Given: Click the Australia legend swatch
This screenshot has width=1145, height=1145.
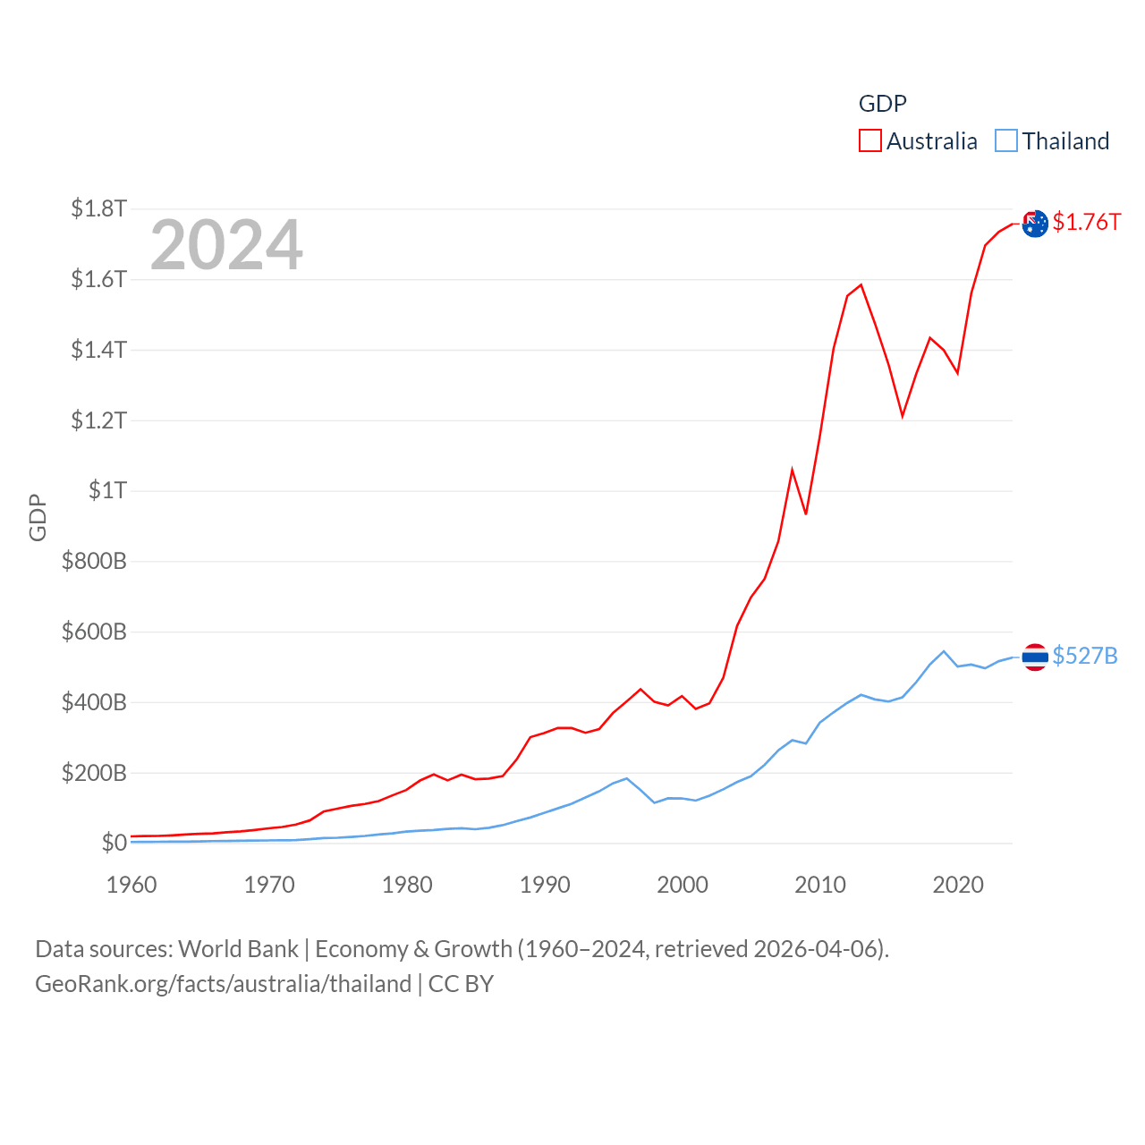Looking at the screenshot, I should (x=870, y=141).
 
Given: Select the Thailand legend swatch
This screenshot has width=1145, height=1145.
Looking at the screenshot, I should (x=1006, y=141).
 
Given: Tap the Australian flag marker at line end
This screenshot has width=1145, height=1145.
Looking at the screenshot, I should (x=1035, y=224).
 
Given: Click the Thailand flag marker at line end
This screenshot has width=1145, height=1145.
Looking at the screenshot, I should (x=1035, y=657).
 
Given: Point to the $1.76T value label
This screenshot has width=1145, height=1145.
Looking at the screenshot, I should (x=1086, y=222).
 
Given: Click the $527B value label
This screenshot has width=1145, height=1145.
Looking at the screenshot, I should (x=1084, y=656).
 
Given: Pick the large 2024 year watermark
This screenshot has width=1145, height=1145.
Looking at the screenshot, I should (x=226, y=245).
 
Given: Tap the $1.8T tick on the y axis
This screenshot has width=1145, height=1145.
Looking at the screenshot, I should (x=98, y=208).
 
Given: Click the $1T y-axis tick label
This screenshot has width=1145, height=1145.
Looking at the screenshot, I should (x=107, y=490).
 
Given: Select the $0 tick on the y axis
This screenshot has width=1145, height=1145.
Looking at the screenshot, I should (x=114, y=843).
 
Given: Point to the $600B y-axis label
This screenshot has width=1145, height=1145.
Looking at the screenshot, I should (x=94, y=632).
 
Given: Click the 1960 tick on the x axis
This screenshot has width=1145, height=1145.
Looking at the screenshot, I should (x=131, y=885).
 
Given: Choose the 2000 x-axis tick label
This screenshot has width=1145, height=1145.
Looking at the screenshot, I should (x=683, y=885).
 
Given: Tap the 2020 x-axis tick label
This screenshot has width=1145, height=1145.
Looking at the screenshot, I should (x=958, y=885).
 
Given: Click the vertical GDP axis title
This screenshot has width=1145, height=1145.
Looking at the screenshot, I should (x=38, y=517).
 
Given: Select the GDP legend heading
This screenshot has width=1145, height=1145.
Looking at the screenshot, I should (x=882, y=104).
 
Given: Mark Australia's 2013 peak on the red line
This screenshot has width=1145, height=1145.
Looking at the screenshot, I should (x=861, y=285).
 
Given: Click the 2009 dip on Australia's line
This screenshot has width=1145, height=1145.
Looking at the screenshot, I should (x=806, y=513).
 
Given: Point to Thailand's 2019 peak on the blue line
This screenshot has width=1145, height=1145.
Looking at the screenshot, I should (x=944, y=651).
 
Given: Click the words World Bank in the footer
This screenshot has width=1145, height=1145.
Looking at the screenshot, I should (x=238, y=948).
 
